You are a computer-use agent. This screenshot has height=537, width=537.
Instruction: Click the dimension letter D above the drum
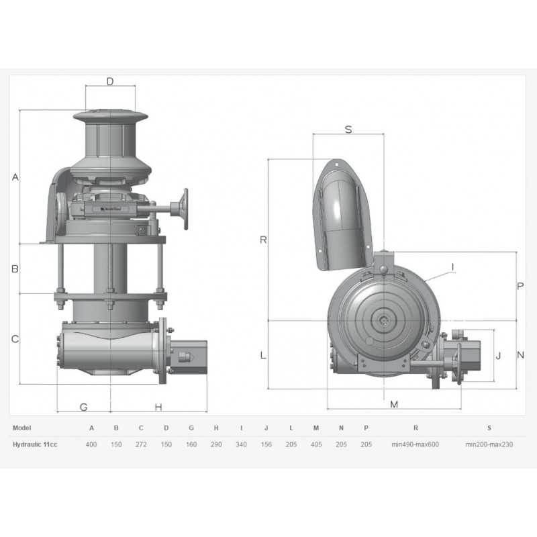(110, 81)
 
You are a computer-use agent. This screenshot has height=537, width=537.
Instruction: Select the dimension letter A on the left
(15, 177)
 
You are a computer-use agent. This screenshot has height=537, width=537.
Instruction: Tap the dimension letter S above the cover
(348, 130)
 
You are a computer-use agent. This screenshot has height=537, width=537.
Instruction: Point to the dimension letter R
(263, 240)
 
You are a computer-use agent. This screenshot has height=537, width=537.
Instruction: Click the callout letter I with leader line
(453, 267)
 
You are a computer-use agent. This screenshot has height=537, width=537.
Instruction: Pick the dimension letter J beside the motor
(498, 356)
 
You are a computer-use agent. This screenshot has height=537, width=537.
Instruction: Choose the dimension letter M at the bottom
(394, 405)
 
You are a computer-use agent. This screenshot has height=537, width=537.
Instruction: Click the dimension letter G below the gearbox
(83, 407)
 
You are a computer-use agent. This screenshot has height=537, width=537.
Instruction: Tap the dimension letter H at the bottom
(158, 407)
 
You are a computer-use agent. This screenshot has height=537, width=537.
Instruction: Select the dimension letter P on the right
(520, 286)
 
